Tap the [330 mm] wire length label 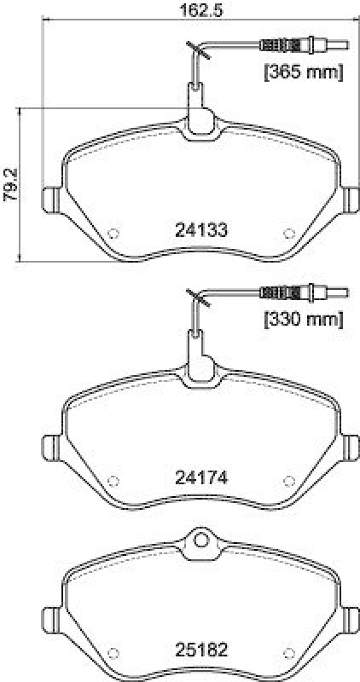click(x=301, y=320)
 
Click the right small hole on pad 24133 click(x=287, y=232)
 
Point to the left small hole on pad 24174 click(x=116, y=479)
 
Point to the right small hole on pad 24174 click(x=287, y=479)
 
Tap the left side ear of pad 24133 click(x=50, y=198)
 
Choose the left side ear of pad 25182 click(x=50, y=619)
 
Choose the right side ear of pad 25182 click(x=351, y=619)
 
